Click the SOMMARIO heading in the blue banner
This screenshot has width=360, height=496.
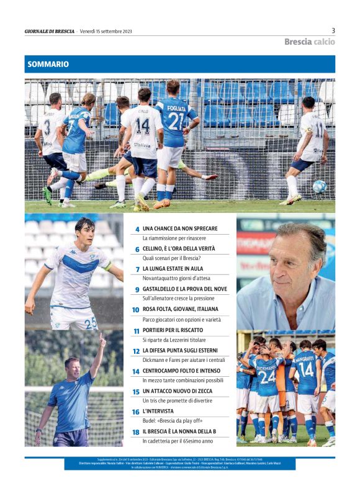coord(47,64)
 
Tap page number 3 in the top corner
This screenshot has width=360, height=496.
coord(333,30)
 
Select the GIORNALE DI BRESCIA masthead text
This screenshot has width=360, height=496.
coord(50,31)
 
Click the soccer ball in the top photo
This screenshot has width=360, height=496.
coord(319,186)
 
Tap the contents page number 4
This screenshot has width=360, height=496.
coord(137,229)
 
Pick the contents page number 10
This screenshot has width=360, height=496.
coord(135,310)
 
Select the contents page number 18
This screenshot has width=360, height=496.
coord(135,431)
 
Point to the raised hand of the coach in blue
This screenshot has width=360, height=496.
coord(101,341)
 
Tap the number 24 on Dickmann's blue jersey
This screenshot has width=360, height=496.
coord(267,377)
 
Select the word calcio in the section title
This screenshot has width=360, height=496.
coord(324,42)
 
